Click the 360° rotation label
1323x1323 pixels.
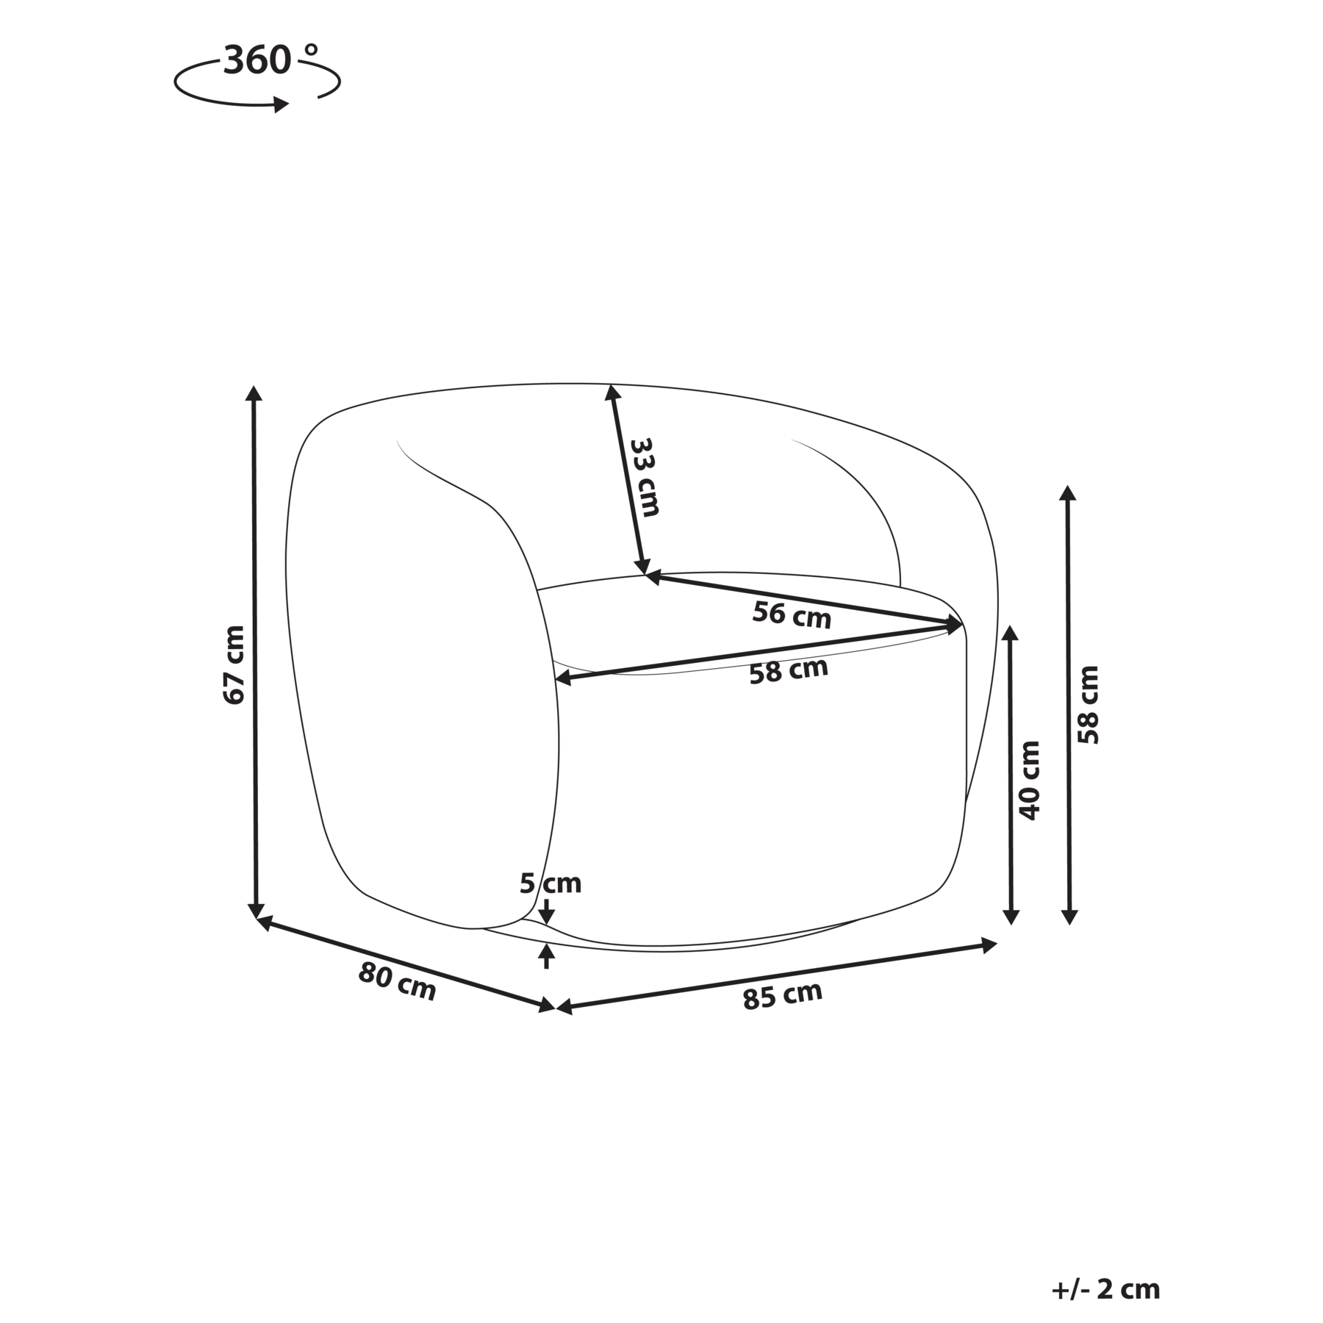[271, 60]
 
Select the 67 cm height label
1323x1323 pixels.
[234, 664]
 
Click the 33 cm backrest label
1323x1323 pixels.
[645, 477]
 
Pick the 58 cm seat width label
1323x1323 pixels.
[789, 670]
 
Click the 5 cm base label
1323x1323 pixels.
[551, 883]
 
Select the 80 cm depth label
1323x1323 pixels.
[397, 982]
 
